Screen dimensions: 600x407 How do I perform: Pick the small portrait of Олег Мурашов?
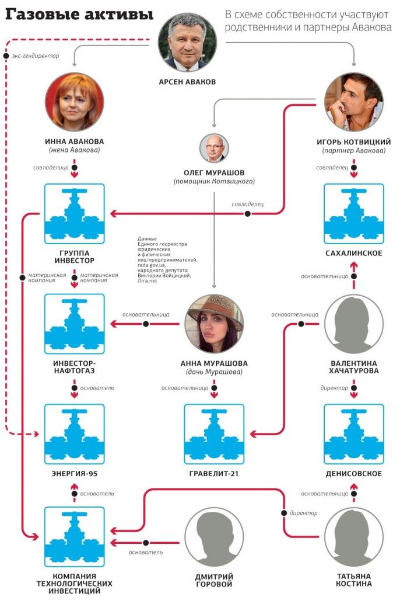214,148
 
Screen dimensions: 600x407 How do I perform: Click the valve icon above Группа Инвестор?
74,213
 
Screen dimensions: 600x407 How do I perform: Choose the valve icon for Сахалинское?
353,213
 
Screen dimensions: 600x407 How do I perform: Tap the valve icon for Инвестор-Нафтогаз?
74,323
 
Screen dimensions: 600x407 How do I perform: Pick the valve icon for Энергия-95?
74,433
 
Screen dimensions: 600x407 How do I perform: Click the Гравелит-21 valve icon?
214,433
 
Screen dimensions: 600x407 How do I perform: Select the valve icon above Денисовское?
353,433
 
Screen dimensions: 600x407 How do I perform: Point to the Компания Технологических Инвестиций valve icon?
74,536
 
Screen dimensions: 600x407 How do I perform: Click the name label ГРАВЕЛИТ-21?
214,474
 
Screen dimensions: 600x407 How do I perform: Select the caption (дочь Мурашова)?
214,372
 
